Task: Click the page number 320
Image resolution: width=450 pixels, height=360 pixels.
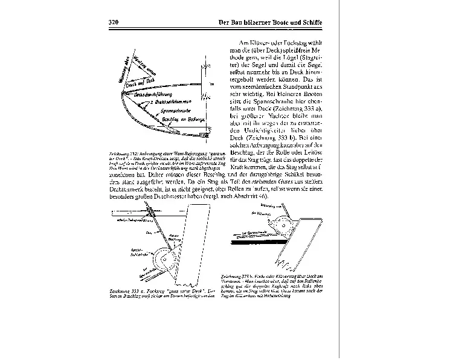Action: coord(114,22)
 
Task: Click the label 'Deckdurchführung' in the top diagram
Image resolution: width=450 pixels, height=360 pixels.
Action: coord(154,94)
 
